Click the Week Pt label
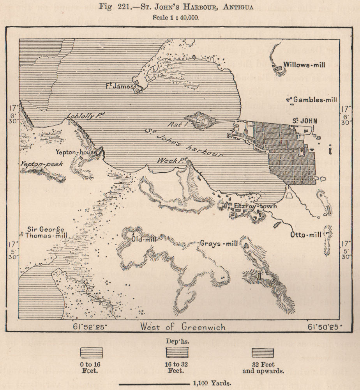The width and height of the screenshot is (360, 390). (173, 160)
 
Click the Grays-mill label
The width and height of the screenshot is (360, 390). (219, 244)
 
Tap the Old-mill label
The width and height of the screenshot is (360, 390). (143, 239)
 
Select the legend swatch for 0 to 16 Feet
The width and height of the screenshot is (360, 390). (91, 353)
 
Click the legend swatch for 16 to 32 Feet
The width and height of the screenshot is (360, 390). (178, 353)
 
